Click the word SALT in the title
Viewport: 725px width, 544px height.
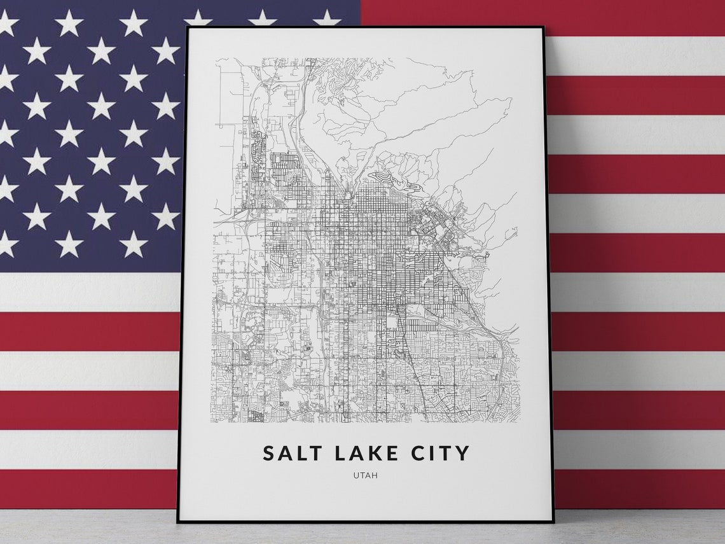tap(293, 453)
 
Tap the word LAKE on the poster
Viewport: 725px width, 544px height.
tap(365, 453)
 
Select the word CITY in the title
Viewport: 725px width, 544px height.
tap(439, 453)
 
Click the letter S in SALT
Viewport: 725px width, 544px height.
tap(268, 453)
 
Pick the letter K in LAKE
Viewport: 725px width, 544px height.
tap(374, 453)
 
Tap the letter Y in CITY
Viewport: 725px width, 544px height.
tap(462, 453)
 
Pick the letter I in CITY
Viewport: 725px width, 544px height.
tap(431, 453)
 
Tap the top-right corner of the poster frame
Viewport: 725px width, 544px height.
tap(543, 27)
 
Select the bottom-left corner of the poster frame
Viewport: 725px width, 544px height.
tap(177, 522)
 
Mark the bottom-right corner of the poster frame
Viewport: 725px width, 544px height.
tap(553, 522)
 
